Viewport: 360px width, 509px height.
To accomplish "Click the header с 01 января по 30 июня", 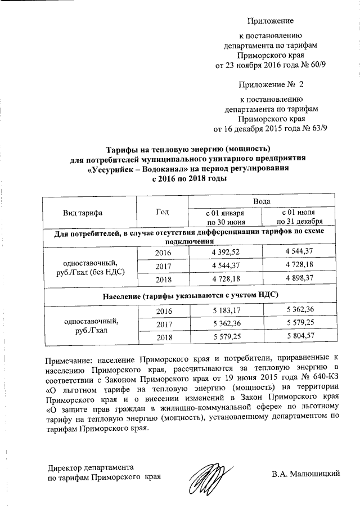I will [x=225, y=218].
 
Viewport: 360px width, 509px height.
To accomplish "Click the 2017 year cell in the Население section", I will [x=163, y=323].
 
